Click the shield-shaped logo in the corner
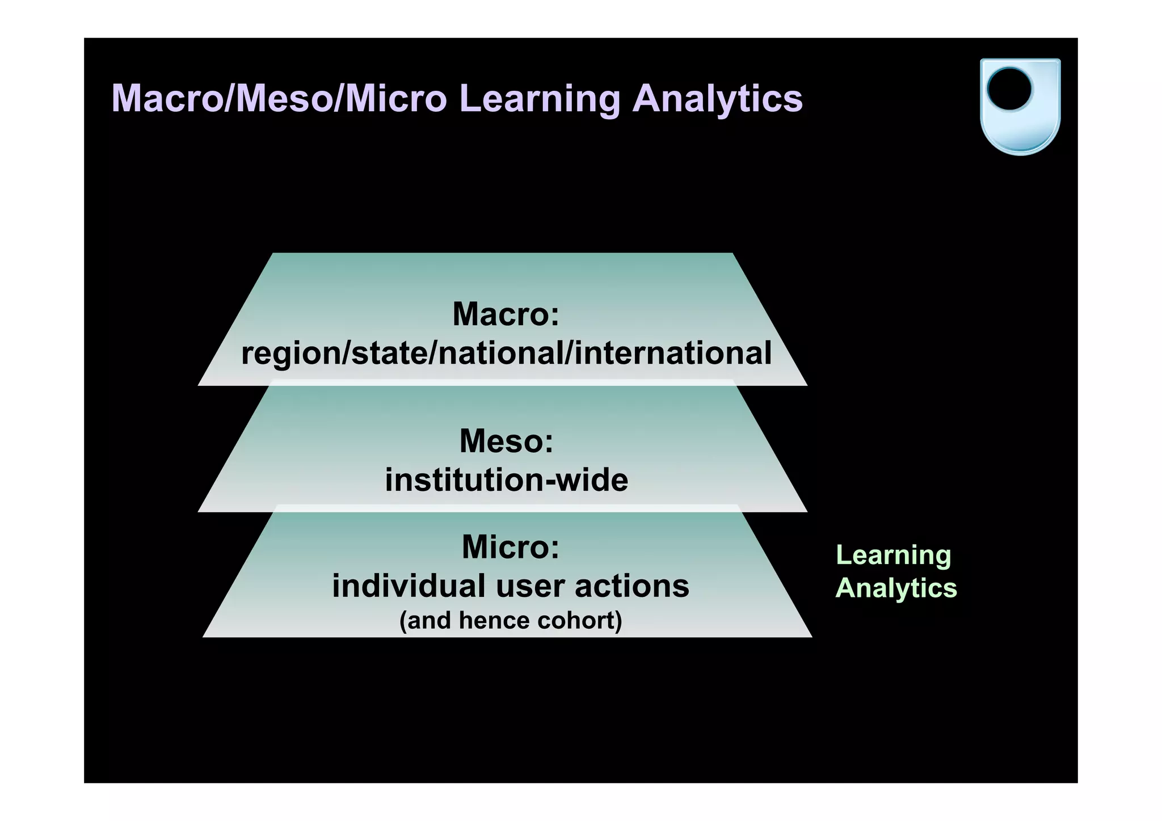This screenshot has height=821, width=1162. coord(1020,106)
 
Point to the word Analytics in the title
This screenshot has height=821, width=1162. coord(717,100)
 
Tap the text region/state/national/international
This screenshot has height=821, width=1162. coord(506,353)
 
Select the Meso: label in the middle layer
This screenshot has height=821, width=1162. coord(506,441)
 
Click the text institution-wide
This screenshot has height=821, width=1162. coord(506,480)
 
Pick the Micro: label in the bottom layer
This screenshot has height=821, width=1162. coord(510,547)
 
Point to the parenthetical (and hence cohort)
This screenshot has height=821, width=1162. coord(511,620)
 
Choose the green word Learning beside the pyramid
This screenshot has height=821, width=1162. coord(893,555)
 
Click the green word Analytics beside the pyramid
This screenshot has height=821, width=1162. coord(896,588)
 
